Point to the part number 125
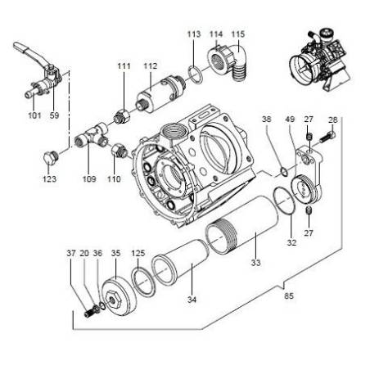[x=138, y=253]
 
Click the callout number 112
[x=150, y=65]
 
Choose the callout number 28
[x=332, y=120]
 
